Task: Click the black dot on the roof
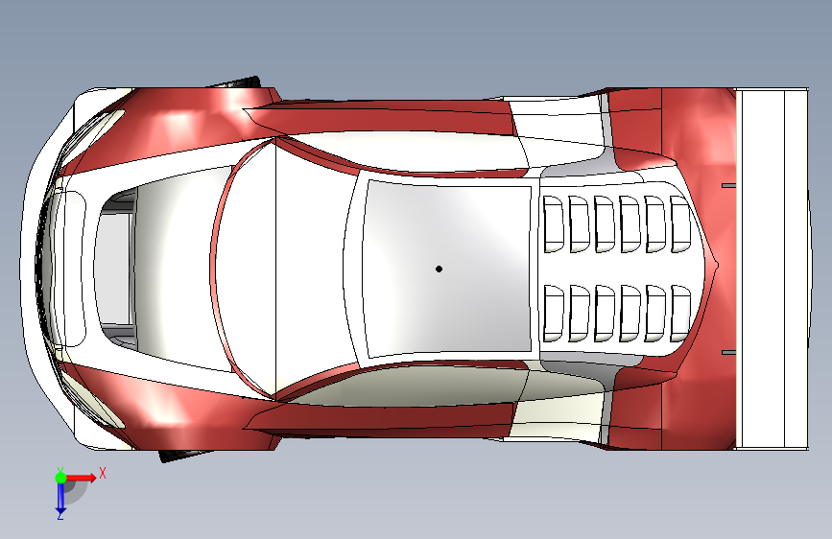tap(439, 269)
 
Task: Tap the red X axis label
tap(103, 473)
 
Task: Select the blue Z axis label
tap(59, 515)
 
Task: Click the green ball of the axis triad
tap(60, 477)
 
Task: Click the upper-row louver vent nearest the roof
tap(554, 224)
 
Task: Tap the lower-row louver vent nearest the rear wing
tap(679, 313)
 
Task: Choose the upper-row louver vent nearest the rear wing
tap(679, 224)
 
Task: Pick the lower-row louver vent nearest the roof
tap(554, 313)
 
